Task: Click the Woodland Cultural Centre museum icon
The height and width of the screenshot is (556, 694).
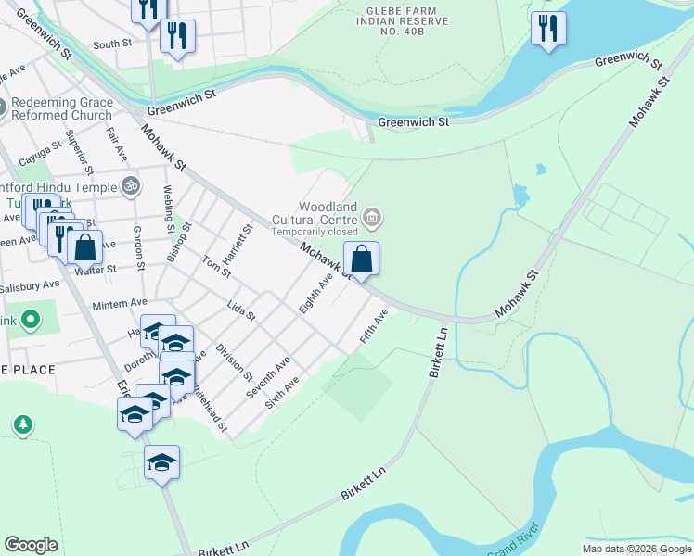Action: [x=373, y=219]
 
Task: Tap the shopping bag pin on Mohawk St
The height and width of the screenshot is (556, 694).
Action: [x=362, y=259]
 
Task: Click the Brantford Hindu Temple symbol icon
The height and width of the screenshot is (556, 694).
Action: [x=131, y=185]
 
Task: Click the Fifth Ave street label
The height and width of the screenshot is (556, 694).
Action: [x=374, y=328]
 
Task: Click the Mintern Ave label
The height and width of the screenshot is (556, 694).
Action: [x=119, y=303]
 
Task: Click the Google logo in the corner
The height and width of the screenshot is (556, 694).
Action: [x=31, y=545]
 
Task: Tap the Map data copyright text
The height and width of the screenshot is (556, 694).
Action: [x=636, y=549]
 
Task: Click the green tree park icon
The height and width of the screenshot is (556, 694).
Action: [x=22, y=424]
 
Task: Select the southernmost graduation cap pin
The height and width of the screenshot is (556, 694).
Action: [x=161, y=462]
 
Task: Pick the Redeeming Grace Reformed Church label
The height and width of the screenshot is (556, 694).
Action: [x=63, y=108]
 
